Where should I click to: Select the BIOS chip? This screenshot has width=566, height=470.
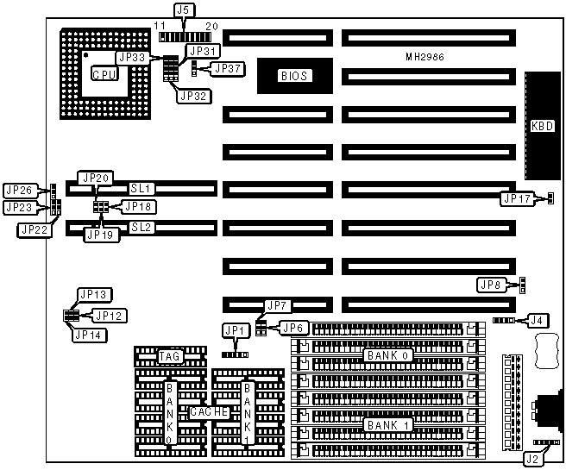tap(292, 76)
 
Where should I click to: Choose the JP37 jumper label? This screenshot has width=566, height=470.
tap(227, 68)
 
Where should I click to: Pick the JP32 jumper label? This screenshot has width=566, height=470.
tap(192, 96)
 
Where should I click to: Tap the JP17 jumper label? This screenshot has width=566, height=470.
tap(519, 199)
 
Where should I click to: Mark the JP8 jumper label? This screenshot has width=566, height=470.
tap(490, 285)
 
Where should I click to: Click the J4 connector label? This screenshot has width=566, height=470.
tap(538, 320)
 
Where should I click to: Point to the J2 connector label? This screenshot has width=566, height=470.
tap(532, 459)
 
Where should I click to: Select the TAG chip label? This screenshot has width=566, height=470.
tap(169, 355)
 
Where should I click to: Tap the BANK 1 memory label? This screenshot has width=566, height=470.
tap(381, 425)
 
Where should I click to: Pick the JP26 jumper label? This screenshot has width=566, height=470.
tap(18, 190)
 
